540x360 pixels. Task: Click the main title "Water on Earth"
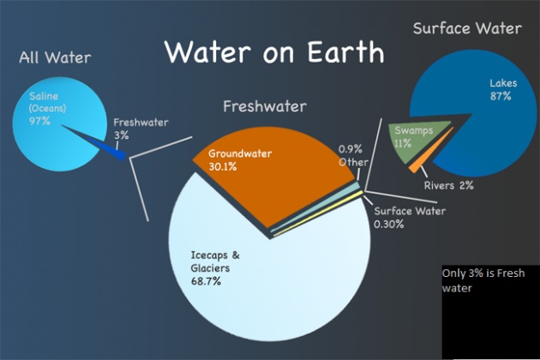274,52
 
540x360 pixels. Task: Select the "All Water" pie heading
55,57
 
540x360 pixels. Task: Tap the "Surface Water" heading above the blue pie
467,28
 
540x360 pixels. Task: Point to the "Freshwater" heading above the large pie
265,106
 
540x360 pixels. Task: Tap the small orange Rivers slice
430,151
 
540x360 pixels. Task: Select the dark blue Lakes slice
489,114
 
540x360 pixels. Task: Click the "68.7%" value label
206,281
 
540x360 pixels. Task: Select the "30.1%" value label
223,167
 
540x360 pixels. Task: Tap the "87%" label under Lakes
501,96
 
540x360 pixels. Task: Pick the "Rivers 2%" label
449,185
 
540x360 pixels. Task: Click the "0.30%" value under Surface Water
389,225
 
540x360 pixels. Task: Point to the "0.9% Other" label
353,156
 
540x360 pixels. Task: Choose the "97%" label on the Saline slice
39,121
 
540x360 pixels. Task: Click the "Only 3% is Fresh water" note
483,280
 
